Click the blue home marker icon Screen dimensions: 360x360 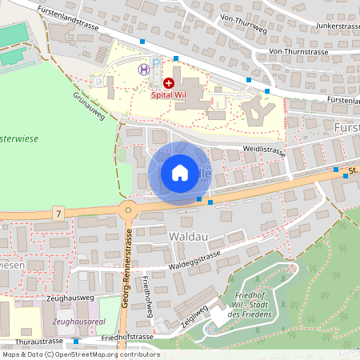(x=180, y=173)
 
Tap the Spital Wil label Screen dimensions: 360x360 (x=169, y=95)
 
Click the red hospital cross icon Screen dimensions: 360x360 (x=169, y=82)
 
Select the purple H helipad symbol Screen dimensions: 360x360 (x=143, y=69)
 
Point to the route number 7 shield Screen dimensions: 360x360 (x=58, y=213)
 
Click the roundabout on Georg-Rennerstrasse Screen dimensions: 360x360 (x=126, y=211)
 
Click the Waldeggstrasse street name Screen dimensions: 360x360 (x=194, y=258)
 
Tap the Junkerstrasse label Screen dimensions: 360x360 (x=326, y=25)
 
